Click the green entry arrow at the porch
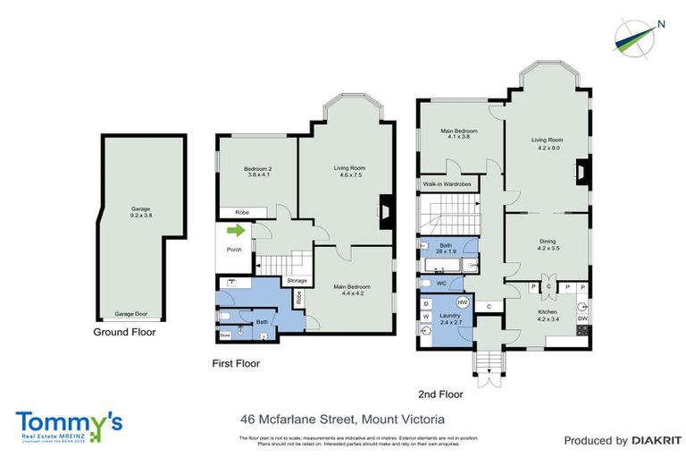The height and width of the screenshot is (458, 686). click(x=235, y=232)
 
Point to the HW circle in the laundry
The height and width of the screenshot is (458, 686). click(x=463, y=302)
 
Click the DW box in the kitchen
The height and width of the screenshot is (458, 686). click(x=582, y=318)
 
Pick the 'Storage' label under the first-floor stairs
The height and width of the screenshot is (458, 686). click(x=297, y=281)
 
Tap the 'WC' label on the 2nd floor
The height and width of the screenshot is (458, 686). click(x=439, y=284)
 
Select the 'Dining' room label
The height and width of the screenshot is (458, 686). click(x=546, y=242)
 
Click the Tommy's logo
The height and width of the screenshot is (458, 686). click(x=69, y=424)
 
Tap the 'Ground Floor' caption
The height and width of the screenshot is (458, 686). click(x=125, y=332)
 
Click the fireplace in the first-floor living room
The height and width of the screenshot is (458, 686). click(x=386, y=211)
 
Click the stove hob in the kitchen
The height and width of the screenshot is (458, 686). click(x=583, y=333)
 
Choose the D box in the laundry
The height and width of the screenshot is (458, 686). click(x=425, y=303)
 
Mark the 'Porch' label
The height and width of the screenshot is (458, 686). click(x=234, y=250)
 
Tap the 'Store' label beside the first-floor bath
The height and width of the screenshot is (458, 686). click(x=226, y=335)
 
